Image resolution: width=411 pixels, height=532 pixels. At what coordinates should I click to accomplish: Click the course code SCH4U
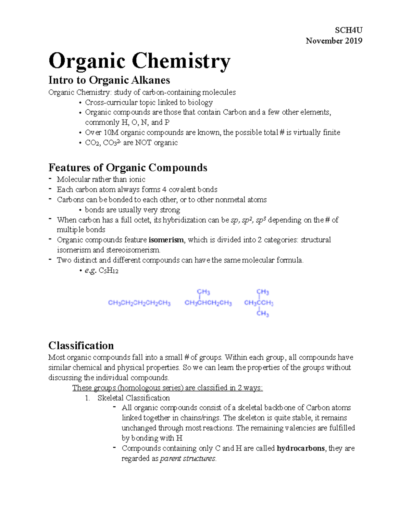pos(349,30)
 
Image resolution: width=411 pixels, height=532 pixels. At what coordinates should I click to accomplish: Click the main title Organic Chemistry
pos(139,61)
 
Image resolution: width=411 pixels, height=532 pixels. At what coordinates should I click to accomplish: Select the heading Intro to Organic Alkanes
pos(109,80)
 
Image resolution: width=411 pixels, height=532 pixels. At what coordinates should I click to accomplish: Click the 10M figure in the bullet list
pos(111,133)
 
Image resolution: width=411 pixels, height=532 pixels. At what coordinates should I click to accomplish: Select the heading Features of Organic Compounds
pos(128,168)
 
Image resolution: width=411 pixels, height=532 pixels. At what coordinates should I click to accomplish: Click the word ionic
pos(137,180)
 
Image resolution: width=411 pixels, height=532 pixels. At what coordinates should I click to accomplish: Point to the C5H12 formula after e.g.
pos(108,271)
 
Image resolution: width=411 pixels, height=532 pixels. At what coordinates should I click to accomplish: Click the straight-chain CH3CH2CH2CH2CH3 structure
pos(139,303)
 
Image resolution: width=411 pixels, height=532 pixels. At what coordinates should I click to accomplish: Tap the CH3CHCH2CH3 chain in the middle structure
pos(208,303)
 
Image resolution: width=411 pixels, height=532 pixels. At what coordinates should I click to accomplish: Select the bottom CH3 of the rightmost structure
pos(263,313)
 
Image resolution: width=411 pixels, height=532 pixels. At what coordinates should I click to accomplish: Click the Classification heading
pos(81,345)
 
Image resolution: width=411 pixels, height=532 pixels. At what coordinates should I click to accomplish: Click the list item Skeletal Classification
pos(134,398)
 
